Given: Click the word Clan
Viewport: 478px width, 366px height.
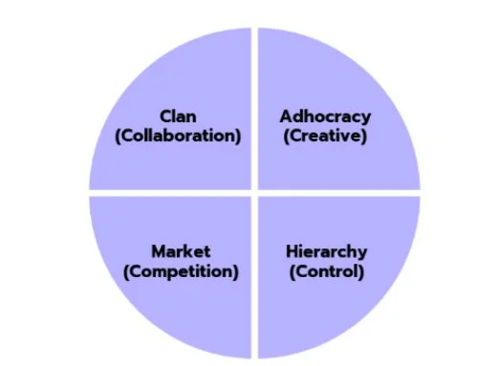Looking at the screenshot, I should pos(179,117).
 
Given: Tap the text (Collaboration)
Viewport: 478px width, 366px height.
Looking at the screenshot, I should pos(178,136).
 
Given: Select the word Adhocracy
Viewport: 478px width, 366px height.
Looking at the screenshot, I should pos(325,117).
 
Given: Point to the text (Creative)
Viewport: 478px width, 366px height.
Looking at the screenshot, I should pos(325,136).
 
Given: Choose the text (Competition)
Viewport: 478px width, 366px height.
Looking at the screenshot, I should pos(181,271).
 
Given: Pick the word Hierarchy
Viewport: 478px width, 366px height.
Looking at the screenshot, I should pos(325,252).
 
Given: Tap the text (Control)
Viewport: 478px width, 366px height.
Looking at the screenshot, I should pos(325,271).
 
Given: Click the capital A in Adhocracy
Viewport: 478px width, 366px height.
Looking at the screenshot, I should pos(286,117).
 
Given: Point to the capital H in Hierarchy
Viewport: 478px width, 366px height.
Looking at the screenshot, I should pos(291,252).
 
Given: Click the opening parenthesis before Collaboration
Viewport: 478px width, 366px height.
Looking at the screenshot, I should pos(118,136).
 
